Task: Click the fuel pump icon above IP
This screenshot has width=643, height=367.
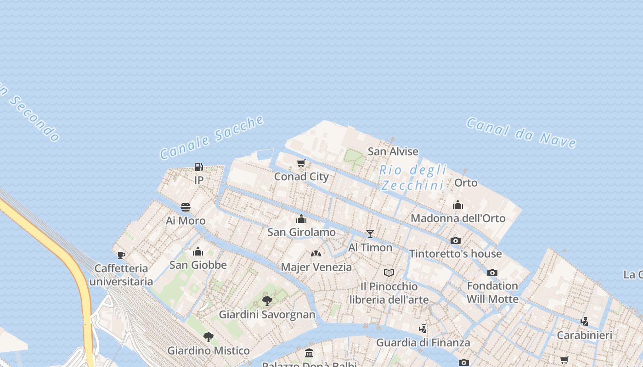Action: pyautogui.click(x=198, y=167)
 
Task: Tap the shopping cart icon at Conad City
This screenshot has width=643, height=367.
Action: pyautogui.click(x=301, y=163)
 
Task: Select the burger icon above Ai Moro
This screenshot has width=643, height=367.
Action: pyautogui.click(x=186, y=207)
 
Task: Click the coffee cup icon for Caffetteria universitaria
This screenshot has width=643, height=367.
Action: pyautogui.click(x=121, y=255)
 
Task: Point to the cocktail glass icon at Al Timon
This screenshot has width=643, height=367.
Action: pyautogui.click(x=370, y=234)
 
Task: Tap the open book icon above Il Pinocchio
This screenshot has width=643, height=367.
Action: pyautogui.click(x=389, y=273)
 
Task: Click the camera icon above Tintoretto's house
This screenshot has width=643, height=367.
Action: pyautogui.click(x=456, y=240)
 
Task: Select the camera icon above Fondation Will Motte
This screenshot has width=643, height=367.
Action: pyautogui.click(x=492, y=272)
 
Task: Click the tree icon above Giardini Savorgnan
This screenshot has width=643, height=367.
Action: pyautogui.click(x=267, y=301)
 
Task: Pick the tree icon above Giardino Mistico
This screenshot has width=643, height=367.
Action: pyautogui.click(x=209, y=337)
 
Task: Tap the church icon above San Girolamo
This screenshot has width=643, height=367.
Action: pyautogui.click(x=301, y=219)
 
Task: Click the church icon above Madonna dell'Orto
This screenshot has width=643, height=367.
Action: pyautogui.click(x=458, y=205)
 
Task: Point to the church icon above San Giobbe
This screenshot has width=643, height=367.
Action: pyautogui.click(x=198, y=251)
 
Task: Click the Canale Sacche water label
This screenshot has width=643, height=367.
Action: pyautogui.click(x=212, y=137)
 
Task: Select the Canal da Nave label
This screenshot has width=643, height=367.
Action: pyautogui.click(x=521, y=133)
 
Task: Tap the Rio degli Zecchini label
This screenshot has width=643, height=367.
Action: pyautogui.click(x=413, y=178)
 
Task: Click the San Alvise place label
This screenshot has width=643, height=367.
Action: pyautogui.click(x=393, y=151)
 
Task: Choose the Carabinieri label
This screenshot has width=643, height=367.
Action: pyautogui.click(x=584, y=335)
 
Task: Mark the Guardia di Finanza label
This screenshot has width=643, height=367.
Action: pyautogui.click(x=423, y=343)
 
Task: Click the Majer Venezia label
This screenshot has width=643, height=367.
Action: pyautogui.click(x=316, y=267)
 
